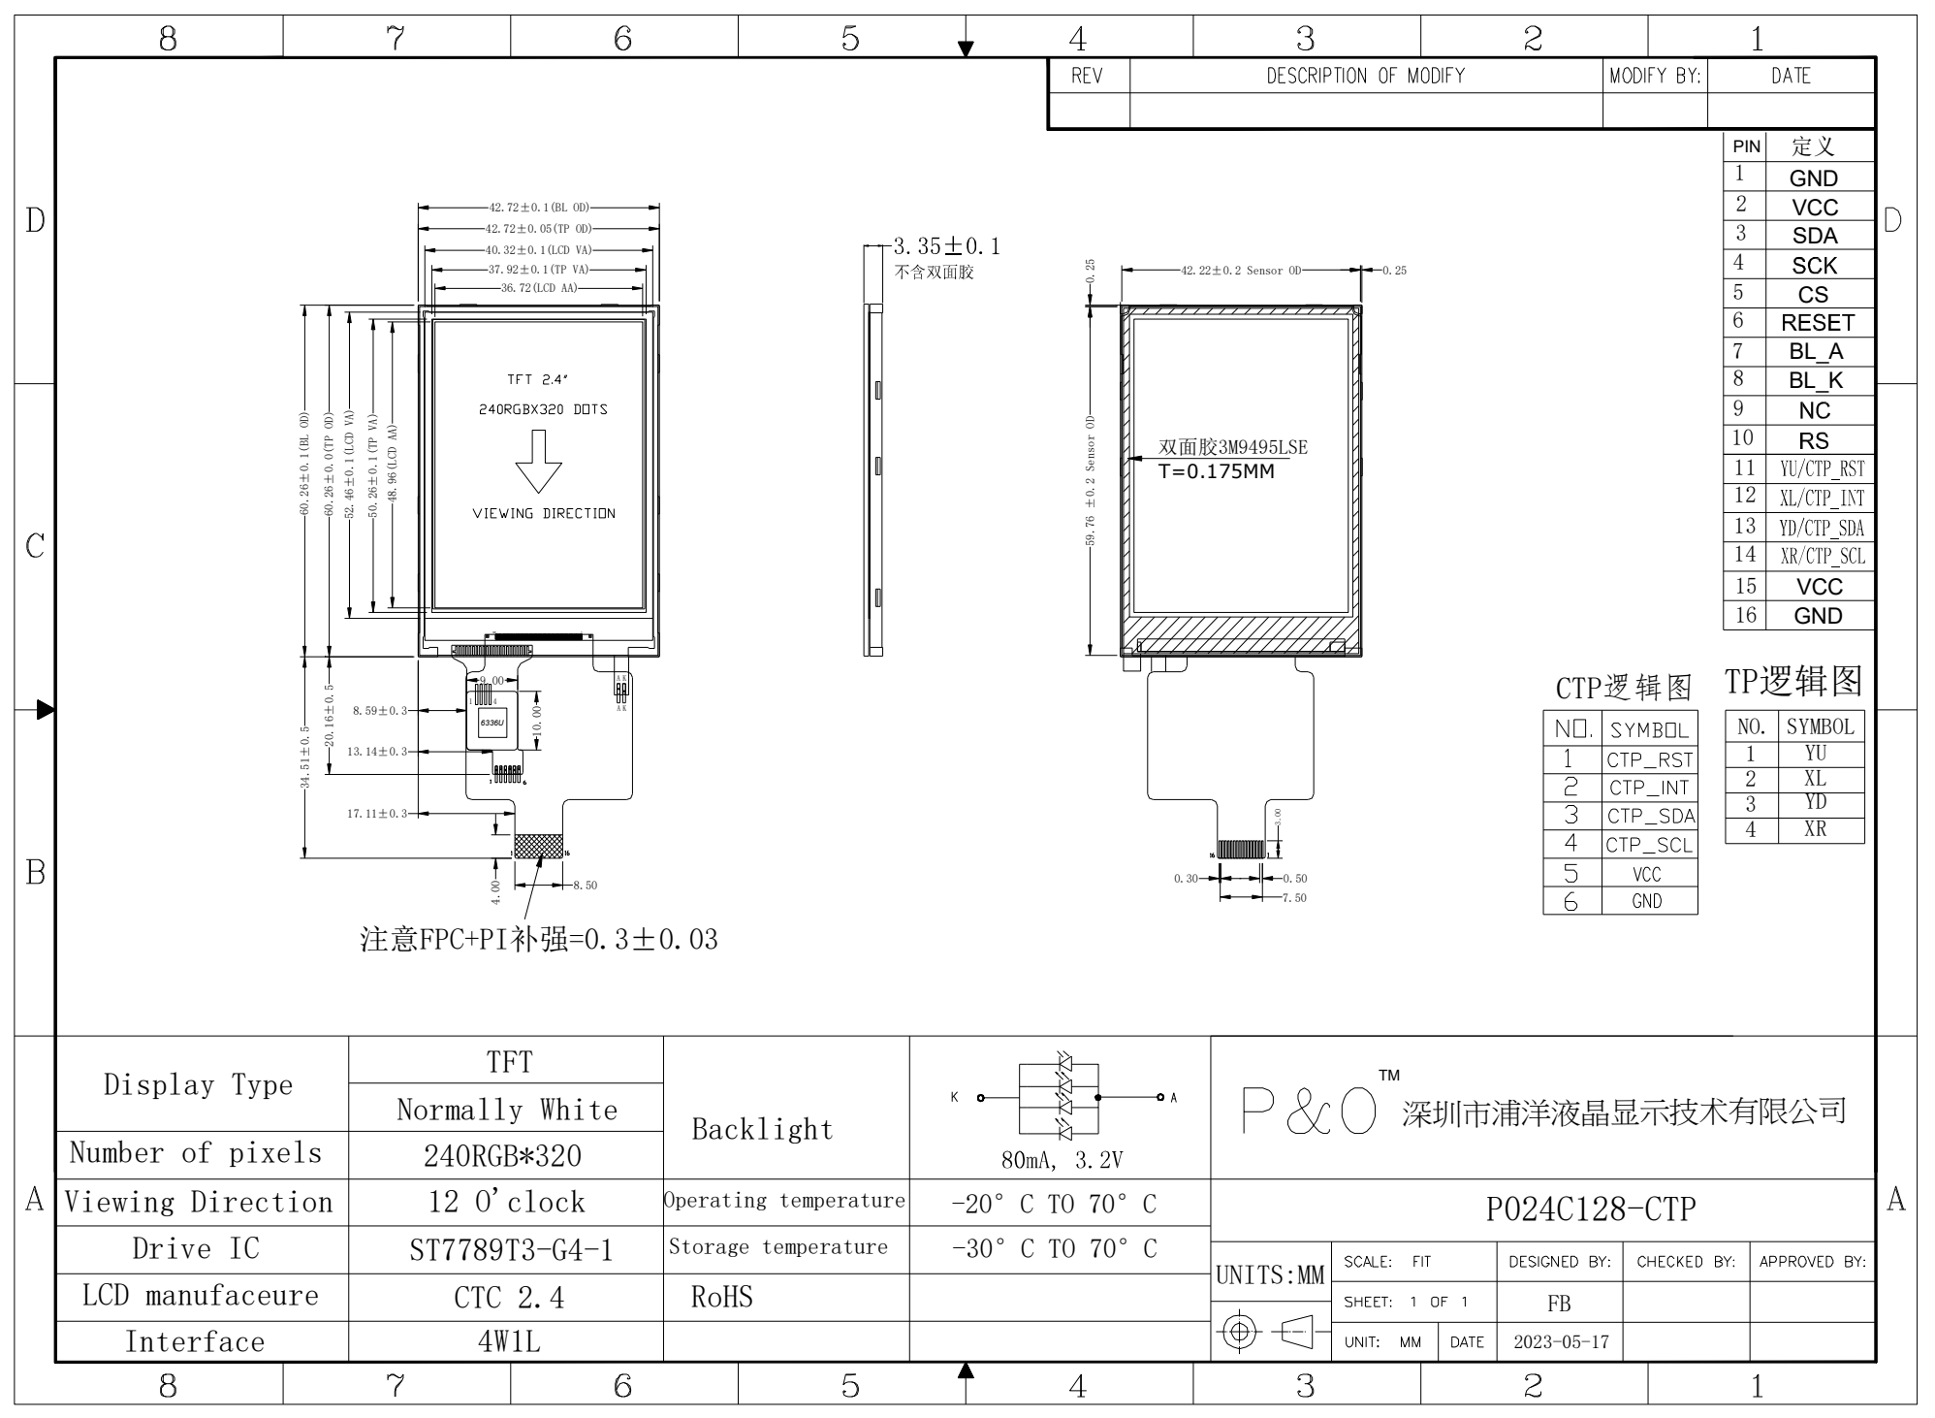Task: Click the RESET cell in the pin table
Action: click(1817, 323)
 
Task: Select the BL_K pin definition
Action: click(1816, 381)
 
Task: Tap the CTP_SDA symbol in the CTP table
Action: click(1650, 817)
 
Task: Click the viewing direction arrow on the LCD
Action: click(539, 462)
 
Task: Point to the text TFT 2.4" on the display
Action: click(537, 380)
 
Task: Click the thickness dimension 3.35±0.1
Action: click(946, 246)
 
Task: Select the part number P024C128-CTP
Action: click(1590, 1209)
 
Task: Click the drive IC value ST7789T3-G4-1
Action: click(511, 1250)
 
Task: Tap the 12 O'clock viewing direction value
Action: click(507, 1203)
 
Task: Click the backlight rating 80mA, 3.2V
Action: click(1062, 1160)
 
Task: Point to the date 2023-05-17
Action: click(1561, 1342)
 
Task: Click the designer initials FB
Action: click(1559, 1304)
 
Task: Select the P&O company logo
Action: click(1309, 1112)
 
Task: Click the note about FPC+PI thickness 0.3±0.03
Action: click(539, 940)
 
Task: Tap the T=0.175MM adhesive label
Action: click(1216, 472)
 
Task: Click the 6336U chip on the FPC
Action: click(492, 724)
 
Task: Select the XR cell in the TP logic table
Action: click(1815, 830)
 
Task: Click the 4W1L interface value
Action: click(509, 1342)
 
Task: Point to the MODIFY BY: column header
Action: click(1655, 76)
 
